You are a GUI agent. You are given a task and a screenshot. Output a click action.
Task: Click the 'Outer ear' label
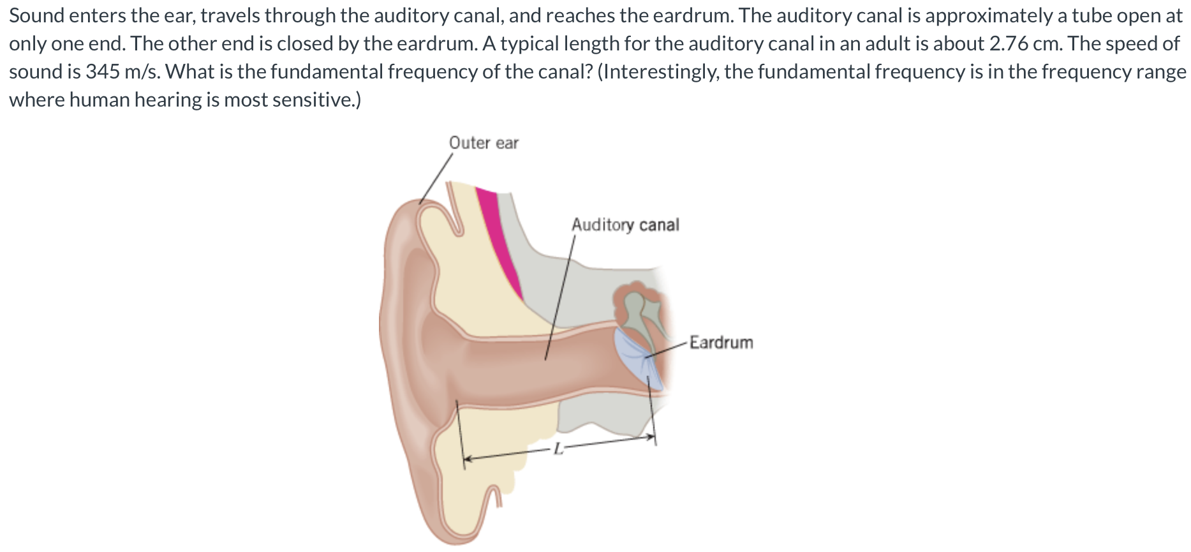484,143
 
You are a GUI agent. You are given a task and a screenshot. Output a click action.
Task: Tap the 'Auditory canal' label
625,225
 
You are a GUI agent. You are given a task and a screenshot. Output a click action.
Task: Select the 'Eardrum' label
721,343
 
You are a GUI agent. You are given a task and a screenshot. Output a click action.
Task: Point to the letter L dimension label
558,449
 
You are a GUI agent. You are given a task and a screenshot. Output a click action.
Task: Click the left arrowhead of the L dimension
467,458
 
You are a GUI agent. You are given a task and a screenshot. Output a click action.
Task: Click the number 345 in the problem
103,71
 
